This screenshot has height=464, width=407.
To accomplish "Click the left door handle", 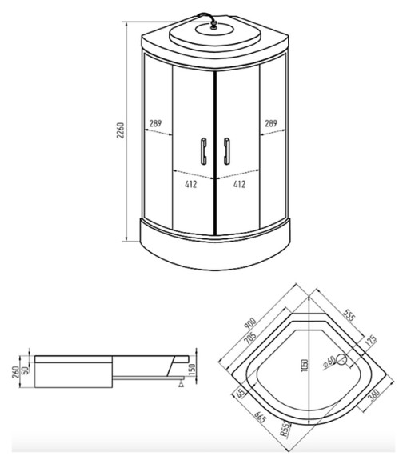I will pyautogui.click(x=202, y=151).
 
